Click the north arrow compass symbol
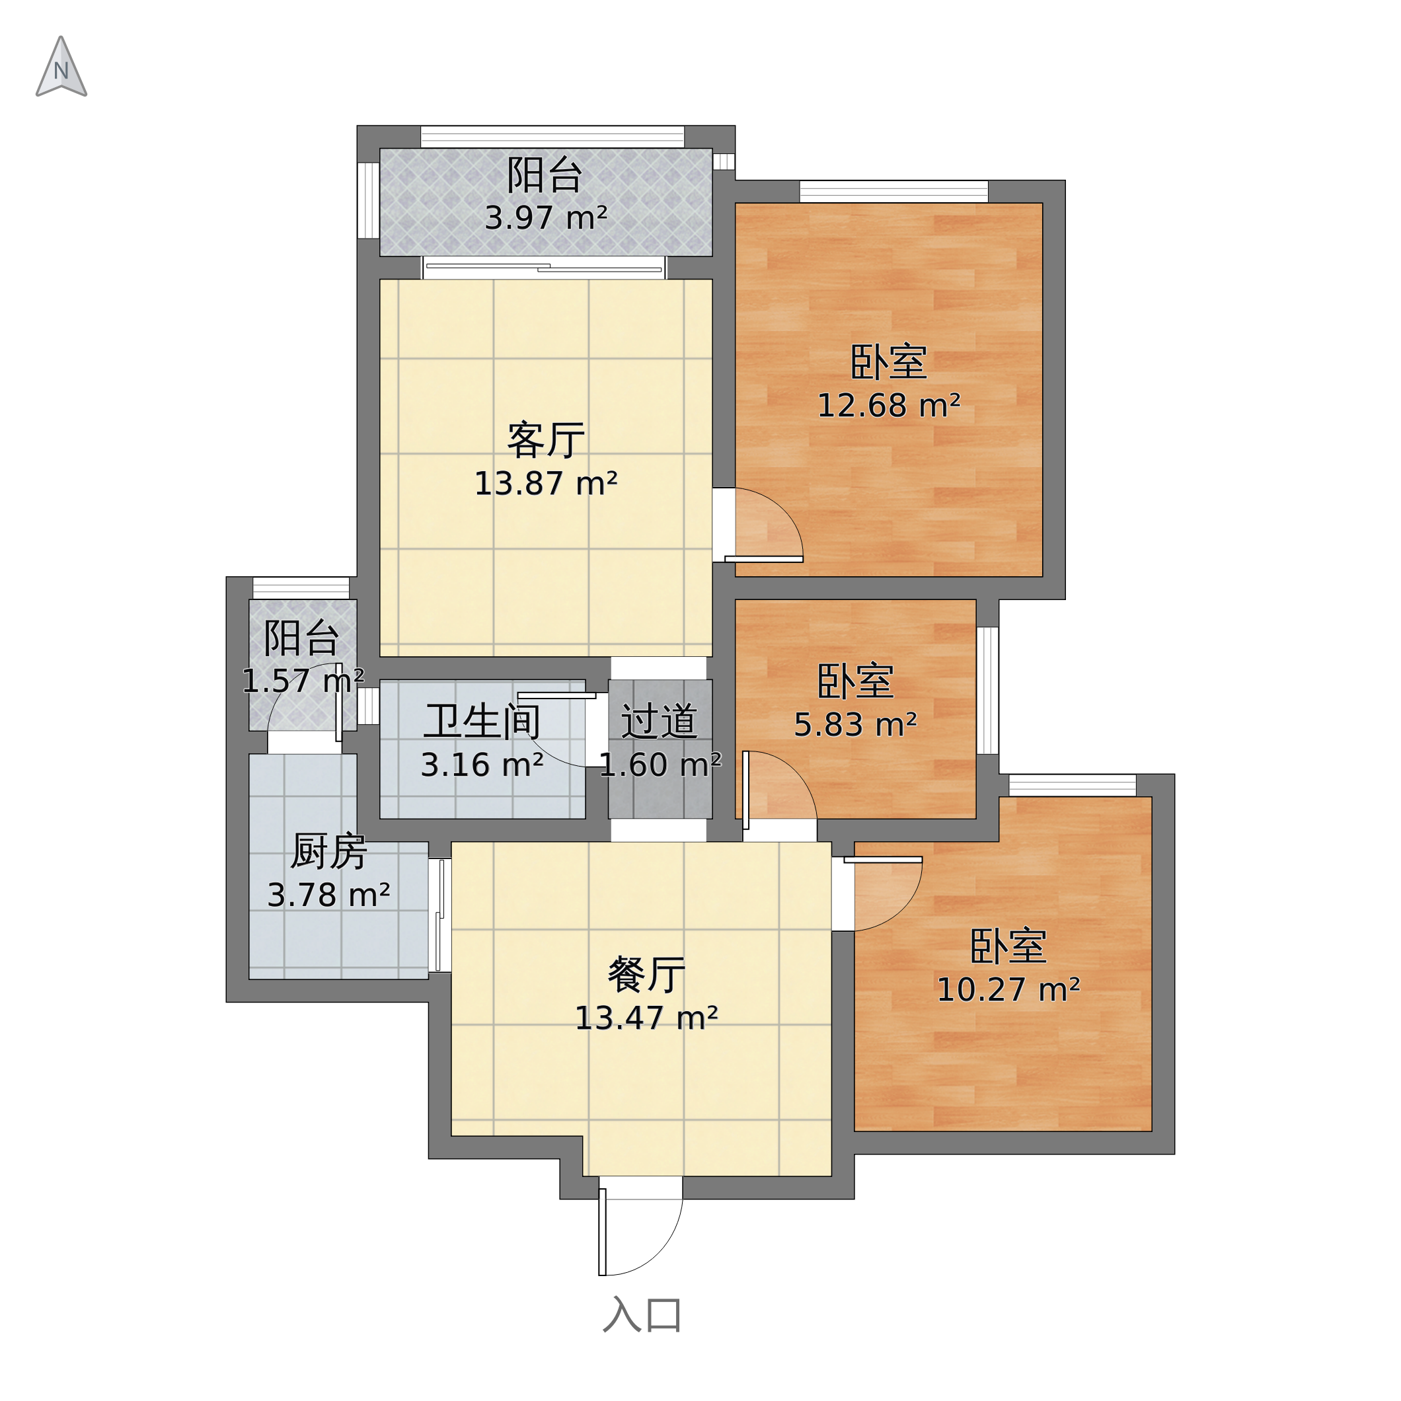coord(61,67)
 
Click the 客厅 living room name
coord(546,440)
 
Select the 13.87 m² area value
coord(546,484)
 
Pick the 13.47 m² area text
coord(647,1018)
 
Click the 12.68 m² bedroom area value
coord(889,405)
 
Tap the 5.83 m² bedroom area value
coord(856,724)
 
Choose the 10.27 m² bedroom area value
coord(1008,990)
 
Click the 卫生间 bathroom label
coord(482,722)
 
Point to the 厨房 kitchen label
coord(328,851)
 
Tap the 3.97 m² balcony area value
coord(546,218)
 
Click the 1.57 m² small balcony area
coord(303,681)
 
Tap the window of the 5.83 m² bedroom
coord(988,691)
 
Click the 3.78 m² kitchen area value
coord(328,895)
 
